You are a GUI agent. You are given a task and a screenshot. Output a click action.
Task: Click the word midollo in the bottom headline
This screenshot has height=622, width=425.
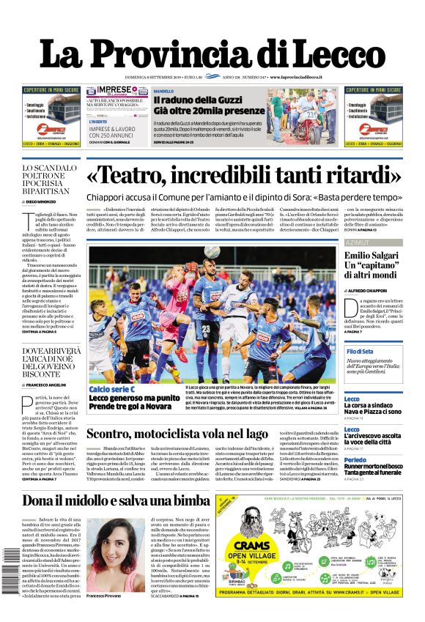coord(110,500)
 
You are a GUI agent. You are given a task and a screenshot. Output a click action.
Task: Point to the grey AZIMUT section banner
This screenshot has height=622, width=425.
coord(373,242)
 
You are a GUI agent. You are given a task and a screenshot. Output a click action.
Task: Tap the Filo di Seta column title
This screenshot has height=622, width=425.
coord(360,352)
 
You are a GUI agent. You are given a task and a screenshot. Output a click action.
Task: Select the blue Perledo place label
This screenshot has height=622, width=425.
coord(355,460)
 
